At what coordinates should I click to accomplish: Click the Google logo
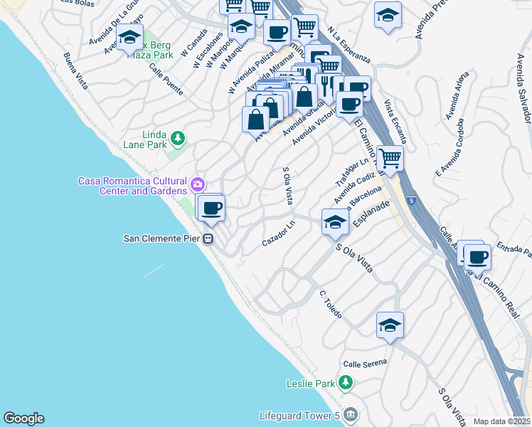point(23,418)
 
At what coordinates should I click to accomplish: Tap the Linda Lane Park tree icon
point(178,137)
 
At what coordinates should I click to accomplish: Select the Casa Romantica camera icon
point(198,185)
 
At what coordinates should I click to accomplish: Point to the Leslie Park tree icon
point(346,384)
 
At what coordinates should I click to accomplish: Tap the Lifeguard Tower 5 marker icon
point(349,414)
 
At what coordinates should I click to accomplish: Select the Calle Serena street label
point(365,363)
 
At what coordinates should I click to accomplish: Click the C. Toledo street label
point(331,304)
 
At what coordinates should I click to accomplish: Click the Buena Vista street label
point(75,71)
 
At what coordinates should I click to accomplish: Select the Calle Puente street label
point(166,78)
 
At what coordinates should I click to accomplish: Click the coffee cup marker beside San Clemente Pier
point(211,209)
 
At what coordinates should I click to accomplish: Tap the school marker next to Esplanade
point(335,222)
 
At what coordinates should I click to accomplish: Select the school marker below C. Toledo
point(390,325)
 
